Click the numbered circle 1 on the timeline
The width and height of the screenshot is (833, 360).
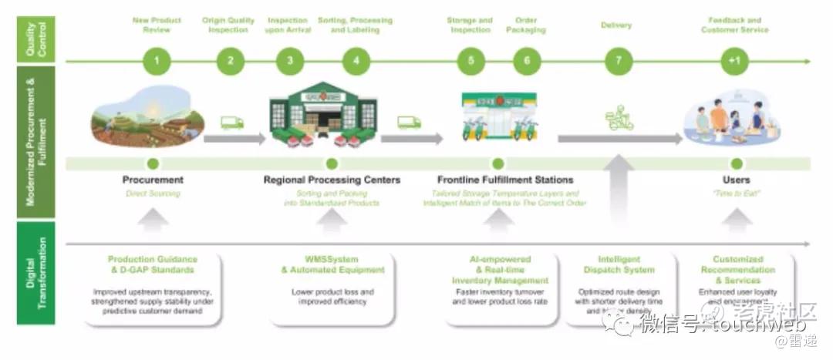[157, 61]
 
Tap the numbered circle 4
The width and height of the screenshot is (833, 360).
[356, 61]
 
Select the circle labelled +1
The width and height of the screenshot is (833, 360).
[735, 61]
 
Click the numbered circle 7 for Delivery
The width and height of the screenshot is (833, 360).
[618, 61]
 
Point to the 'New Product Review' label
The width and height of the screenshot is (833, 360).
[157, 25]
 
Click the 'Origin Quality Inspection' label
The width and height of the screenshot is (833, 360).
[228, 25]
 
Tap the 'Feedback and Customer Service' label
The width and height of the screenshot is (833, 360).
[734, 25]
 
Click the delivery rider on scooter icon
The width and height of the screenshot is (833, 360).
[619, 119]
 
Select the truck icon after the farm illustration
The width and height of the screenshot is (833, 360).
[232, 123]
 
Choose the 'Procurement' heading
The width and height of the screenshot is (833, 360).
[153, 180]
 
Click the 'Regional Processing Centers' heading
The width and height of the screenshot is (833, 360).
[332, 180]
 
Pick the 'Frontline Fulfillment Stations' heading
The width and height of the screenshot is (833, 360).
[505, 180]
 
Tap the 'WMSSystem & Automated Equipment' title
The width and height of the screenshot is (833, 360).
[332, 265]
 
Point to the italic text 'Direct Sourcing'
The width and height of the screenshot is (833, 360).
[153, 193]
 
